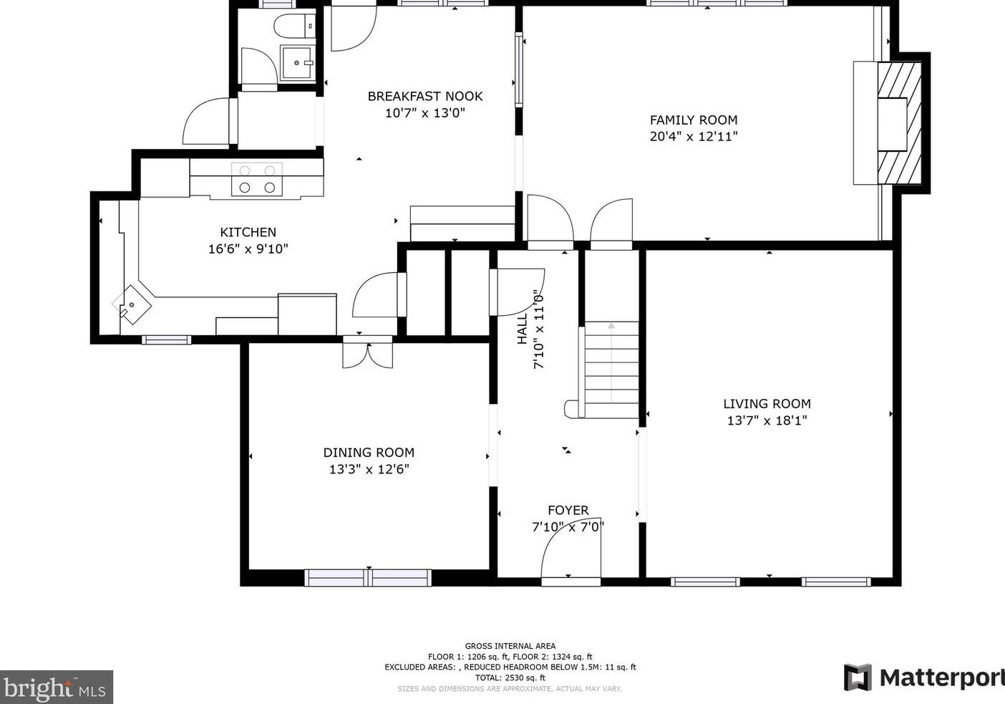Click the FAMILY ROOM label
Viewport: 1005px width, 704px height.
tap(694, 120)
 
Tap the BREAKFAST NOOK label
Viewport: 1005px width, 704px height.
tap(425, 96)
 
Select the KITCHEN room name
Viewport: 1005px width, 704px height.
tap(248, 232)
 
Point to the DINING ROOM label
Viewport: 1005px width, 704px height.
tap(369, 452)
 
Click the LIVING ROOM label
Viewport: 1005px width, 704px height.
tap(767, 404)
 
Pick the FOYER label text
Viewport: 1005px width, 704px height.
tap(568, 510)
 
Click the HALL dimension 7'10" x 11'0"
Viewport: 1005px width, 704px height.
tap(539, 332)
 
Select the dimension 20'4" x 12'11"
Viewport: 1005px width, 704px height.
tap(694, 136)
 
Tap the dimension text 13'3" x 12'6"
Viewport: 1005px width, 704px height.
tap(369, 469)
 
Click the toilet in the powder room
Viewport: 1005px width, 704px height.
tap(294, 26)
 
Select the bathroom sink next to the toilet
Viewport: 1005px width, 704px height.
tap(296, 63)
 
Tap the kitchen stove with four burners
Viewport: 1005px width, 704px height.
tap(257, 179)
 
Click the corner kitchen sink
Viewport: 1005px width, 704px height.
tap(132, 305)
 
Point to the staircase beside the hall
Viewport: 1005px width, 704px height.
tap(611, 370)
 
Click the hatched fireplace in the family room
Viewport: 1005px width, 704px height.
tap(899, 123)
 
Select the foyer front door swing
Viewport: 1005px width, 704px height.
tap(571, 551)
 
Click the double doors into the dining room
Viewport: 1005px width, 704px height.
tap(368, 355)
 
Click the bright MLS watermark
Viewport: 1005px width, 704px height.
tap(57, 687)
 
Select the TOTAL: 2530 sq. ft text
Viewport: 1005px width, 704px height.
tap(510, 678)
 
